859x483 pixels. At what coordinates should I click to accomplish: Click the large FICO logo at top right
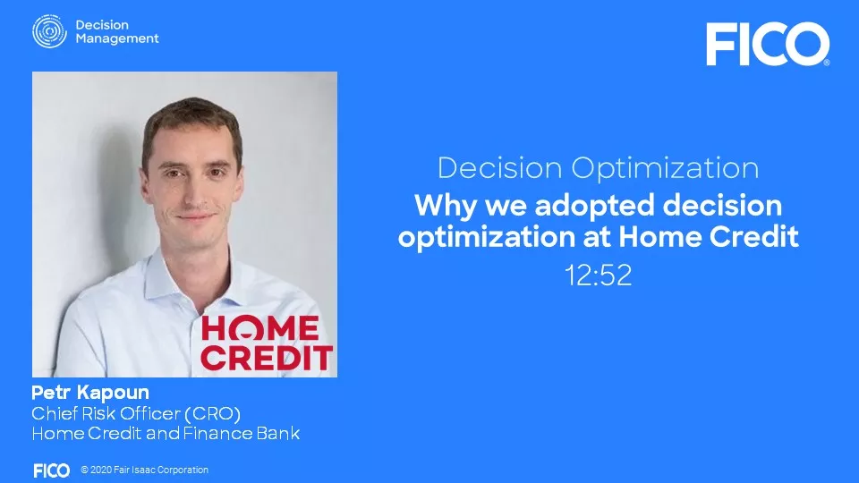[x=767, y=44]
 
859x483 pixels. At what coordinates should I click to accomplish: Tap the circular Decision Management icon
[x=49, y=31]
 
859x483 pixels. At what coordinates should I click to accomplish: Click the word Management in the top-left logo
[x=117, y=38]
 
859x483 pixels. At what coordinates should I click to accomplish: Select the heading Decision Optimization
[x=598, y=167]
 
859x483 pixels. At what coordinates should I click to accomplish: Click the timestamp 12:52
[x=598, y=275]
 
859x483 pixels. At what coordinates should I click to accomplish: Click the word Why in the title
[x=438, y=207]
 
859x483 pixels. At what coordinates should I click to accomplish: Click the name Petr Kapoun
[x=90, y=393]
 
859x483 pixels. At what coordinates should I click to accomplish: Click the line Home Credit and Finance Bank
[x=166, y=434]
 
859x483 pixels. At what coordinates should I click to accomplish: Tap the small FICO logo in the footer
[x=51, y=470]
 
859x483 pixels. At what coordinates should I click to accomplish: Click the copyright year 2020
[x=102, y=470]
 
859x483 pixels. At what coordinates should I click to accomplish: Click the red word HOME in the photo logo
[x=259, y=329]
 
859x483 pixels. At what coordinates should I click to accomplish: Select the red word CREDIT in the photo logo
[x=267, y=357]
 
